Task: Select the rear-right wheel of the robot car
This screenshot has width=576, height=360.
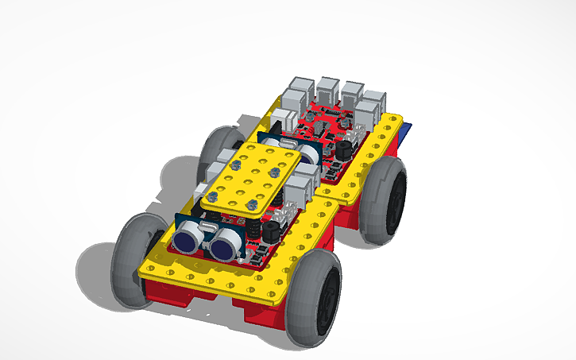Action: point(386,199)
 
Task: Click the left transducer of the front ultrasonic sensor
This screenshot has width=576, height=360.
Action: point(188,235)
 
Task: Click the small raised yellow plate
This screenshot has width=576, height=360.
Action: point(250,179)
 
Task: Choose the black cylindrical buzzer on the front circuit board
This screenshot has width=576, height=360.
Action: point(271,230)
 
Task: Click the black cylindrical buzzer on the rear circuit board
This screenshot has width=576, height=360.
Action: point(344,149)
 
